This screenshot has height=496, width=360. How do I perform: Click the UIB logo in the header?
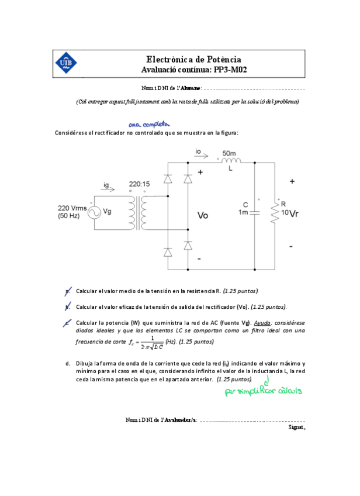click(x=65, y=64)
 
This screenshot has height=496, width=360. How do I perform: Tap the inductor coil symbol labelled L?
click(x=231, y=161)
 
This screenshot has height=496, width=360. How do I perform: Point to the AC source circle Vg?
click(x=92, y=212)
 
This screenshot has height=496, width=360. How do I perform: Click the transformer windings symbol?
click(x=139, y=213)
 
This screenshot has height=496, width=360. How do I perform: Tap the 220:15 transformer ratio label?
click(x=139, y=184)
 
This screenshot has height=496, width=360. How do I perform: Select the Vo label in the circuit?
click(x=203, y=215)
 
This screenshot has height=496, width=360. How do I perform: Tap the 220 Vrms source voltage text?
click(x=71, y=208)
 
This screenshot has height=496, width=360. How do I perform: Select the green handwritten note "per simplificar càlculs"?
click(x=263, y=391)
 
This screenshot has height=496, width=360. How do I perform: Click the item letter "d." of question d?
click(x=68, y=363)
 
